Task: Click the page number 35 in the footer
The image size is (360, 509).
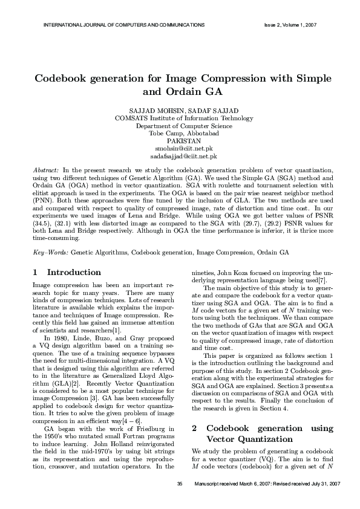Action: click(x=179, y=485)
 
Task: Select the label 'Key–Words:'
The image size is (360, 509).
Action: click(x=50, y=250)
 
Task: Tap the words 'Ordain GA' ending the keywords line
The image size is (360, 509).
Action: click(x=273, y=250)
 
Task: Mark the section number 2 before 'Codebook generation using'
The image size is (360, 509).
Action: click(x=194, y=428)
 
